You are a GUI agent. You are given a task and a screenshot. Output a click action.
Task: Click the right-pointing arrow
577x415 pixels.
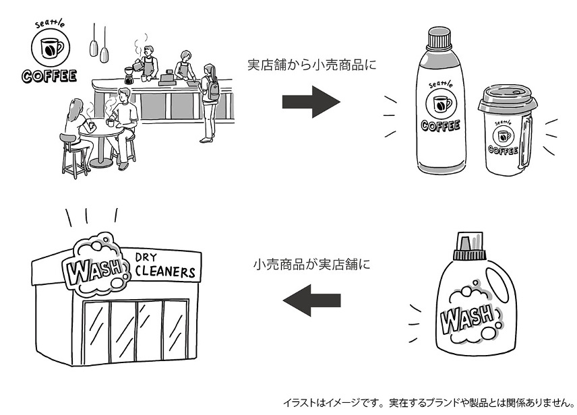(x=310, y=102)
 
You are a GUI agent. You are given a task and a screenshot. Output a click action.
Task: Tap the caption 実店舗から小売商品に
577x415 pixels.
(x=311, y=66)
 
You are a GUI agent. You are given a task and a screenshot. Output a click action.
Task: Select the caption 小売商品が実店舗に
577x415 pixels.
(x=311, y=264)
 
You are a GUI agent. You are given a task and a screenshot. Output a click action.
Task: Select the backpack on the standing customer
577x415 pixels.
(x=214, y=90)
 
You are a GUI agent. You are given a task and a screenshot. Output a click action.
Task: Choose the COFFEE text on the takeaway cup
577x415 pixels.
(x=503, y=150)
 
